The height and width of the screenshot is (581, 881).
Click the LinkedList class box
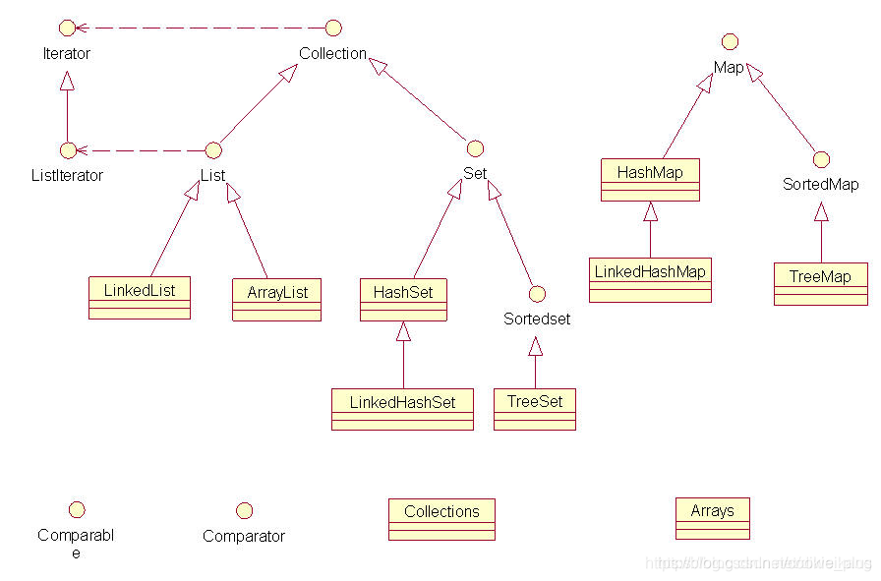click(x=139, y=298)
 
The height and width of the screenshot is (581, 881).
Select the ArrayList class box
click(x=276, y=300)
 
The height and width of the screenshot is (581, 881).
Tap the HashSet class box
click(x=403, y=300)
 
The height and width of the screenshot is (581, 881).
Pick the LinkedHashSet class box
click(x=402, y=409)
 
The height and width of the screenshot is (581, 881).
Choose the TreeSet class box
click(x=534, y=409)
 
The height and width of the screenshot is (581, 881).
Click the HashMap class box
click(x=650, y=179)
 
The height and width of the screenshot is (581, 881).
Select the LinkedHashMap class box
click(x=650, y=279)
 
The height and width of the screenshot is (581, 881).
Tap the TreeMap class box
click(x=820, y=284)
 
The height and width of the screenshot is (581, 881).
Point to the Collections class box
click(x=441, y=519)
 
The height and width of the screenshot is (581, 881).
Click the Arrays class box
click(x=712, y=518)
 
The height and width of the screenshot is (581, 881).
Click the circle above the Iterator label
click(x=67, y=28)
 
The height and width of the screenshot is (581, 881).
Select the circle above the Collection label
click(x=333, y=28)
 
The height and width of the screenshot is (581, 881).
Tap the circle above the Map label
click(x=729, y=41)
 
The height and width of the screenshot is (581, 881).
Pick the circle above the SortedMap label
click(x=821, y=158)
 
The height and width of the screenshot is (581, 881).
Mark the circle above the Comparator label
click(x=244, y=510)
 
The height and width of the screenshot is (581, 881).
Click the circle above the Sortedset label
click(x=536, y=293)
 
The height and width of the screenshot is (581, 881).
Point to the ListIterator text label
click(x=67, y=176)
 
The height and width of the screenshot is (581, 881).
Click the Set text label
click(x=475, y=174)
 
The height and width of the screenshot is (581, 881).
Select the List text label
click(x=212, y=176)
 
